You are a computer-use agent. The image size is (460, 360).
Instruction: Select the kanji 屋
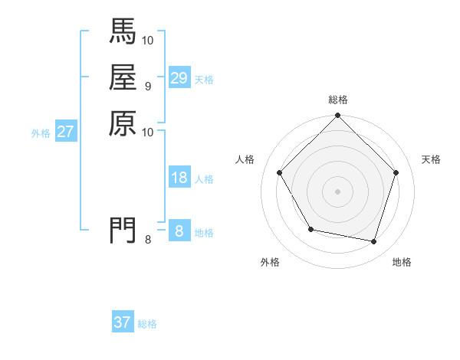click(x=123, y=77)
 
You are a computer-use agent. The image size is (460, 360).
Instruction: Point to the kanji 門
click(x=123, y=230)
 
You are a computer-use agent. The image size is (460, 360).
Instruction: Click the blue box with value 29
click(x=179, y=78)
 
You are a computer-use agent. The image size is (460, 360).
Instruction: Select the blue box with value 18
click(x=179, y=178)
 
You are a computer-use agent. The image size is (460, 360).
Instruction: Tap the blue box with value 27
click(x=65, y=132)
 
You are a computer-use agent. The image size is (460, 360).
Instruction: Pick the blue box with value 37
click(x=123, y=322)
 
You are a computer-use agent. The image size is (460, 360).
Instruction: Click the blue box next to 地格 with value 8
click(x=179, y=231)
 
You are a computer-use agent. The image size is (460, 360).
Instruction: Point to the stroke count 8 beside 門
click(x=148, y=240)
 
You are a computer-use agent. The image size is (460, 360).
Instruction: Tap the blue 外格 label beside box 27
click(x=41, y=133)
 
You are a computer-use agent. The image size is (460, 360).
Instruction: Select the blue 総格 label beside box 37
click(x=147, y=323)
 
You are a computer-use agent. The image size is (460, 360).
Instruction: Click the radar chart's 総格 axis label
click(x=338, y=100)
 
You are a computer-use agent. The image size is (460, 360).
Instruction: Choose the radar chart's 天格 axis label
click(x=432, y=159)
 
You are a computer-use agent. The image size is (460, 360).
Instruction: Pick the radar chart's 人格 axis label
click(x=245, y=159)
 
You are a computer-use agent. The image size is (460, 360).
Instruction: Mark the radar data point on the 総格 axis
click(x=338, y=116)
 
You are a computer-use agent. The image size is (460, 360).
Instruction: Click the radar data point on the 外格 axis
click(x=310, y=229)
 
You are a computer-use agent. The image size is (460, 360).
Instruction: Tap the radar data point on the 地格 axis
click(x=373, y=241)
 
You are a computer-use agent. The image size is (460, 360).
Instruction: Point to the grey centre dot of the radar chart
click(x=338, y=191)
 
